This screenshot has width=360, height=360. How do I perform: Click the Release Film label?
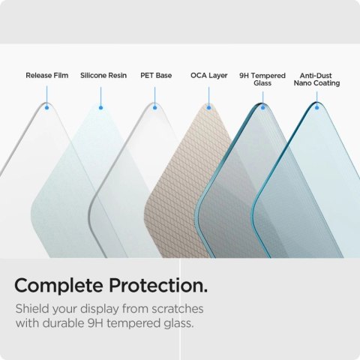click(x=46, y=76)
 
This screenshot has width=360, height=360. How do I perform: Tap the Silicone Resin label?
click(x=103, y=76)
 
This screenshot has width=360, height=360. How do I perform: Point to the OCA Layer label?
click(x=209, y=76)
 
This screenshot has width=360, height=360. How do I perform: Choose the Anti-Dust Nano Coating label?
click(x=319, y=79)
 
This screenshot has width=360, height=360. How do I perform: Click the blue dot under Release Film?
click(x=47, y=107)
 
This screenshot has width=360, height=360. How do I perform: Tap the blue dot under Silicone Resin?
click(x=101, y=107)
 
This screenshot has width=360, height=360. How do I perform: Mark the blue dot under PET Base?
click(x=155, y=107)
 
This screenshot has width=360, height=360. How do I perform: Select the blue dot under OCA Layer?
click(x=209, y=107)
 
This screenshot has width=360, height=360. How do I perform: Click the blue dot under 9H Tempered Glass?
click(x=263, y=107)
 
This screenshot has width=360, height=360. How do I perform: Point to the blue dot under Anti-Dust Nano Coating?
click(x=317, y=107)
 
